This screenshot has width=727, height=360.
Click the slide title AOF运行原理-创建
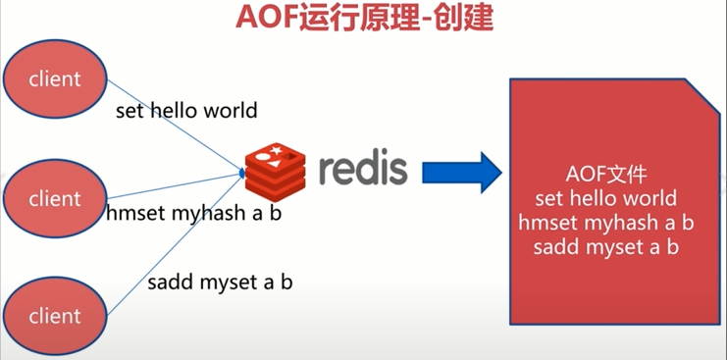click(x=363, y=20)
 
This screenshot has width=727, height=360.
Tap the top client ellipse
click(x=55, y=78)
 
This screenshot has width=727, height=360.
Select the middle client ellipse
click(x=55, y=199)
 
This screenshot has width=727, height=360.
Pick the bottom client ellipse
click(x=55, y=316)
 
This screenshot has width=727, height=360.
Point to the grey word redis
click(x=362, y=169)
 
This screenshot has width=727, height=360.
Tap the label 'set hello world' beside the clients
click(x=186, y=110)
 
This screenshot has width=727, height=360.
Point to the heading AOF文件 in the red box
click(x=607, y=176)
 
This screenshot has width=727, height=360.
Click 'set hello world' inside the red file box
click(x=607, y=198)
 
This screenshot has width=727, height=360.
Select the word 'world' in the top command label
click(x=231, y=110)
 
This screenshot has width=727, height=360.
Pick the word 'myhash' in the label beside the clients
click(x=193, y=212)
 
